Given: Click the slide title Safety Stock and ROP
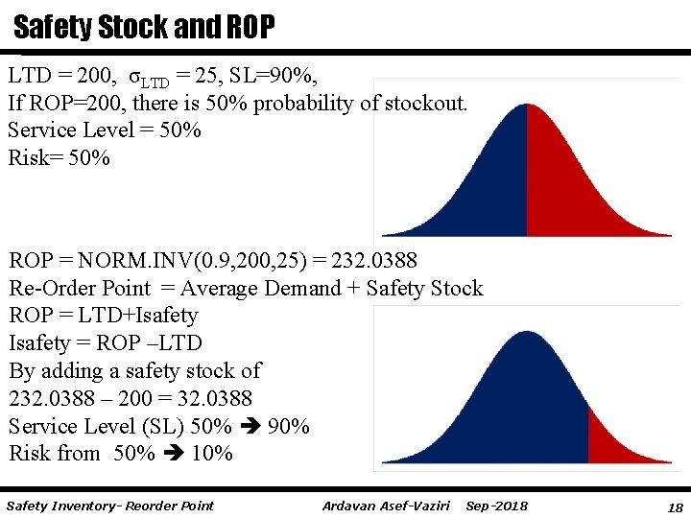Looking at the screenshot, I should click(144, 27).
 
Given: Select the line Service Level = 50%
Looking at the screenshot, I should click(105, 130).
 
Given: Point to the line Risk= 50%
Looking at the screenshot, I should click(59, 157).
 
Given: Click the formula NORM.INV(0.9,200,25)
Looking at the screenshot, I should click(192, 261).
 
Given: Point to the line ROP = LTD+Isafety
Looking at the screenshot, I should click(103, 316).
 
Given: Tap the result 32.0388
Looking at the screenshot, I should click(205, 398).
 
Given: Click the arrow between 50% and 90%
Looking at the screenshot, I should click(249, 426).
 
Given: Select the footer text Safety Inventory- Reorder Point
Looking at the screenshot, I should click(109, 506).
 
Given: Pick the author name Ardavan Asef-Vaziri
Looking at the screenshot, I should click(387, 506).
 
